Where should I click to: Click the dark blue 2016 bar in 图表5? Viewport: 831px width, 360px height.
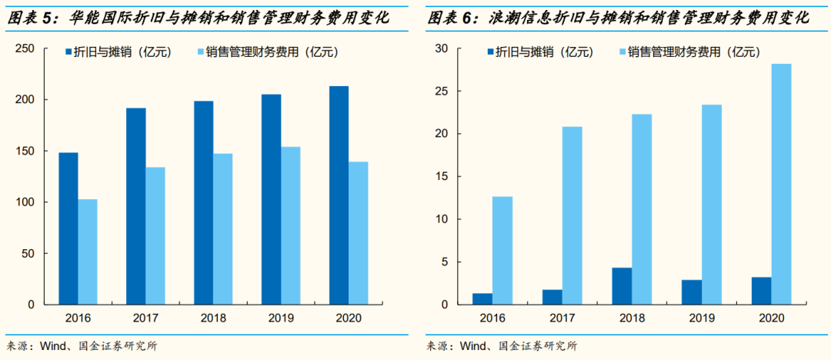click(68, 228)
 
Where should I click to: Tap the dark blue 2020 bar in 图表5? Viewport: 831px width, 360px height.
click(339, 195)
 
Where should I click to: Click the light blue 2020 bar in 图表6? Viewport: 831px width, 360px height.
click(781, 184)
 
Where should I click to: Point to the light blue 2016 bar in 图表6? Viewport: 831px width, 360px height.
click(502, 250)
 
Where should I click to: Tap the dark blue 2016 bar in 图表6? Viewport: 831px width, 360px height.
click(482, 298)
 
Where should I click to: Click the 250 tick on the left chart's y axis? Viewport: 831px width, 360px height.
click(25, 48)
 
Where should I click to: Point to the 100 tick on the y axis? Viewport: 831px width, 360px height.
click(25, 202)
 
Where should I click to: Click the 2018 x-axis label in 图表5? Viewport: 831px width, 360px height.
click(213, 317)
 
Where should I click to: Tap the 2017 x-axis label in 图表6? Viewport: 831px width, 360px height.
click(562, 317)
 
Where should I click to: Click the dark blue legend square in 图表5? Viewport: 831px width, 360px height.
click(68, 52)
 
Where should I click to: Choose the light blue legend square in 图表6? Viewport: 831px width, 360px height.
click(621, 52)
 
